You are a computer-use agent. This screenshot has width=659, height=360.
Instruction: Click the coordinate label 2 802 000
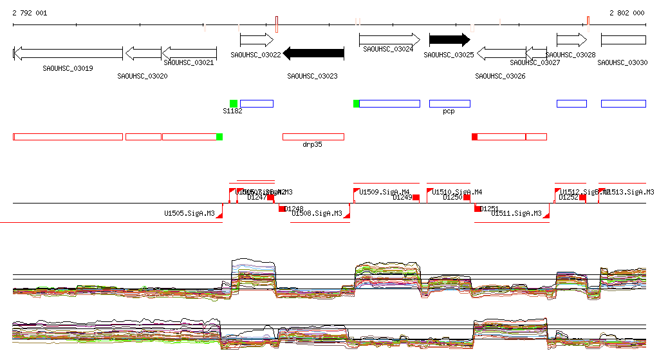[627, 13]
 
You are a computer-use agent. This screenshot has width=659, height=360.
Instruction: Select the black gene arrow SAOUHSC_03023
[313, 53]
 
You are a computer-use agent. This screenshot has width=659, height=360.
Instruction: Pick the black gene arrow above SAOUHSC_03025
[449, 40]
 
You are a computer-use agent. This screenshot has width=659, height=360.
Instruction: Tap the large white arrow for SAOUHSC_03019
[68, 53]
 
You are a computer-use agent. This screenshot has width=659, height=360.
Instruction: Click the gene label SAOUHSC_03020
[142, 76]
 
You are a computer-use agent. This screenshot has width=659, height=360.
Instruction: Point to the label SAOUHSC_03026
[500, 76]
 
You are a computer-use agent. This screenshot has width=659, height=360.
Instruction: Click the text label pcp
[449, 111]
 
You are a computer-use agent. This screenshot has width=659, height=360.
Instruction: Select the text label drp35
[312, 145]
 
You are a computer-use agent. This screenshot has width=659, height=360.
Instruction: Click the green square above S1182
[234, 104]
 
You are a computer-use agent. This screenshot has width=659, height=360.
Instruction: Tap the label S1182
[232, 111]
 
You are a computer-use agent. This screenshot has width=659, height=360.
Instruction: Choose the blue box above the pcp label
[449, 104]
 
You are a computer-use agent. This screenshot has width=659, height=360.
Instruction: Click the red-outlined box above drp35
[313, 137]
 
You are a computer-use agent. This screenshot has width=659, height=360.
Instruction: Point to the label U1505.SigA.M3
[189, 213]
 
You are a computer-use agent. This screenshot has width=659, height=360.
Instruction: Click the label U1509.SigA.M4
[384, 192]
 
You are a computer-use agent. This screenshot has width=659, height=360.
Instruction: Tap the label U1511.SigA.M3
[516, 213]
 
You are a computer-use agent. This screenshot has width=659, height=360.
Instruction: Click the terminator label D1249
[402, 198]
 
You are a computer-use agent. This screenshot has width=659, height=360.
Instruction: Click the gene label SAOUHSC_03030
[622, 62]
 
